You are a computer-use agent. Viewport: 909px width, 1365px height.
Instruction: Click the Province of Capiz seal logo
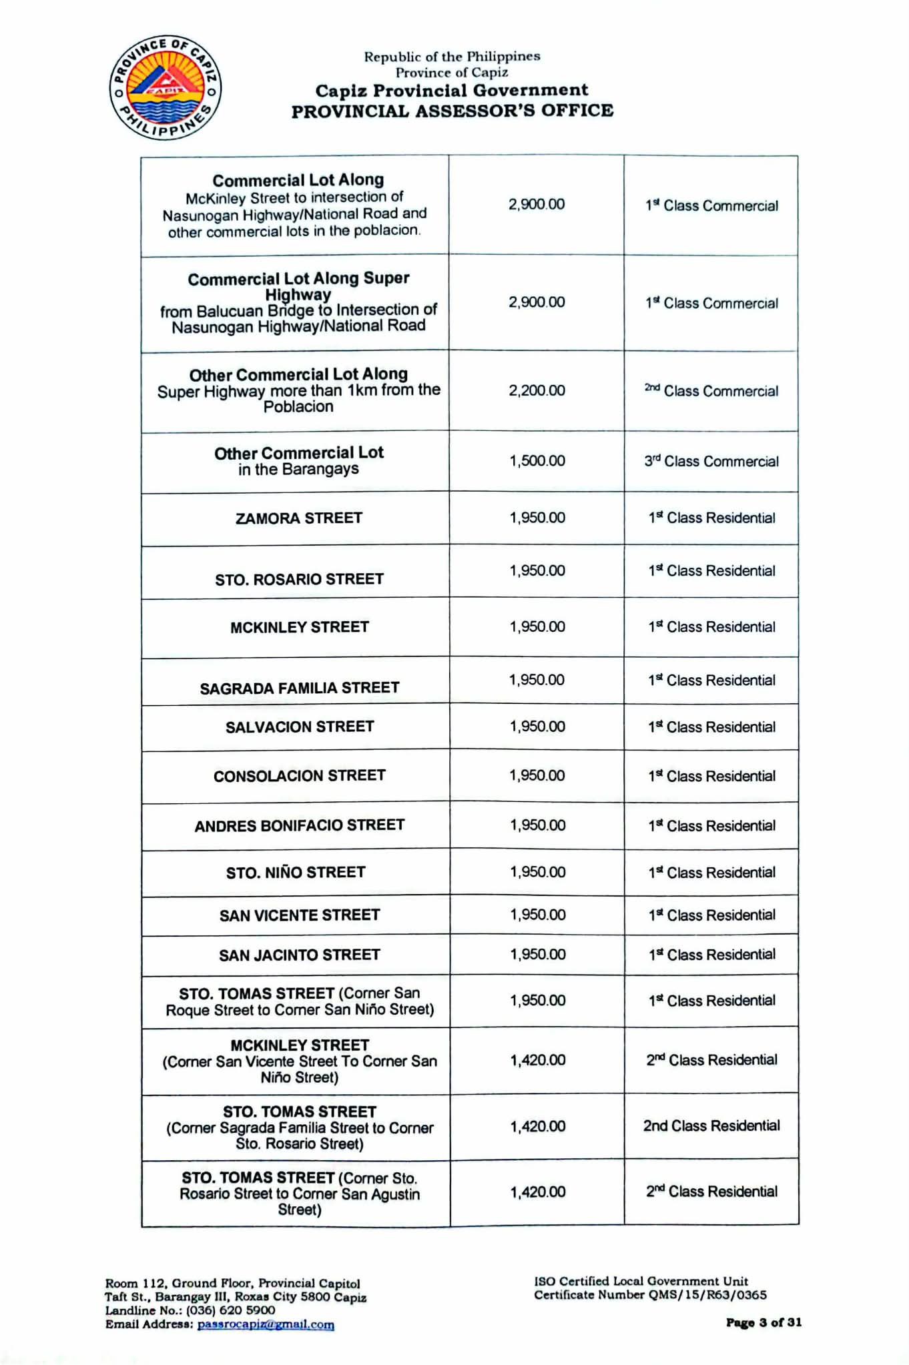point(165,88)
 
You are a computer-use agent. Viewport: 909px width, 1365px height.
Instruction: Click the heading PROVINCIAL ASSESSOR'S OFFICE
point(452,111)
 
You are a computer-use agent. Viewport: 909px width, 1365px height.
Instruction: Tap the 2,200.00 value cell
point(537,390)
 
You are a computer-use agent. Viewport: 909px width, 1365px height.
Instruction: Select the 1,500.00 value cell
point(537,461)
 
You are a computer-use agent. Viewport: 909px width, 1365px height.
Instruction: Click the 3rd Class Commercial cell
point(711,461)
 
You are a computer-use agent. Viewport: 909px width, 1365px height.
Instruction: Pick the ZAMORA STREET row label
point(299,518)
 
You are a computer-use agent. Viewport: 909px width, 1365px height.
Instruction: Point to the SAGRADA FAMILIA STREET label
point(300,688)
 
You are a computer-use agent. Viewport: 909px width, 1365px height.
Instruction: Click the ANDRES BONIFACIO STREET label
point(300,826)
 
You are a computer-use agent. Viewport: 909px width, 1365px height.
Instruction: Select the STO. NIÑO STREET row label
point(296,873)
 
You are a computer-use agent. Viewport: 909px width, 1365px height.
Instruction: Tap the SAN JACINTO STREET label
point(300,955)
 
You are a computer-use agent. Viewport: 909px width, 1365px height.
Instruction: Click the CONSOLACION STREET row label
point(300,776)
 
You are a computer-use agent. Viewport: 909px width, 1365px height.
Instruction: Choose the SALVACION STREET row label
point(300,727)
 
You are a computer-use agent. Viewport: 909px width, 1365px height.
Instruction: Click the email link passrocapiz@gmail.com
point(266,1324)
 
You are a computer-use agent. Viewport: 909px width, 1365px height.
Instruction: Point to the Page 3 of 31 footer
point(764,1322)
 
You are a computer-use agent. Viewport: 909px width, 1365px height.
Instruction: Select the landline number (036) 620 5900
point(230,1310)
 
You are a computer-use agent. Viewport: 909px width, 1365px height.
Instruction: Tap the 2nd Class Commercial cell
point(711,390)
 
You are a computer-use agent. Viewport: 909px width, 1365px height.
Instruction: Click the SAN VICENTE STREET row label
point(300,915)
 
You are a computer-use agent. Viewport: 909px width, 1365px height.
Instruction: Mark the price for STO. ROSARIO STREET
point(537,571)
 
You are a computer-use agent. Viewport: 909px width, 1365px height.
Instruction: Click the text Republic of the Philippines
point(452,57)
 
